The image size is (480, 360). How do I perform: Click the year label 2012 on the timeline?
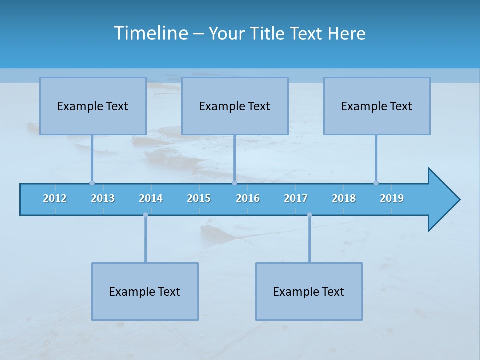click(55, 198)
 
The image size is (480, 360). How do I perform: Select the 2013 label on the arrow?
click(103, 198)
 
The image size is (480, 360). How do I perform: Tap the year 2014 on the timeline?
click(151, 198)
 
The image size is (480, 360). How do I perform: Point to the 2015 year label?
click(199, 198)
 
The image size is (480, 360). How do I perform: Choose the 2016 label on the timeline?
click(248, 198)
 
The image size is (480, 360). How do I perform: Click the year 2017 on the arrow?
click(296, 198)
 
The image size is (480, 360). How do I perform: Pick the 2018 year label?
click(344, 198)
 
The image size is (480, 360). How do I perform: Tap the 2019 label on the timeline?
click(392, 198)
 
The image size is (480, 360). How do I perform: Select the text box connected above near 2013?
click(93, 106)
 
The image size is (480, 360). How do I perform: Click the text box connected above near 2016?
click(235, 106)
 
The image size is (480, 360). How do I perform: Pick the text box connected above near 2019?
click(377, 106)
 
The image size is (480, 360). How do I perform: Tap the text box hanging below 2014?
click(145, 291)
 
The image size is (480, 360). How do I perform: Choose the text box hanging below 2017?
click(309, 291)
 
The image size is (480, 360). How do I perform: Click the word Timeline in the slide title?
click(150, 33)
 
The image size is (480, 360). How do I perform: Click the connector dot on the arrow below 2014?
click(145, 215)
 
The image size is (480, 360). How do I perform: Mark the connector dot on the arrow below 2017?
click(309, 215)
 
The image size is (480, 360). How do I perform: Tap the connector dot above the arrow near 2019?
click(376, 183)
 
